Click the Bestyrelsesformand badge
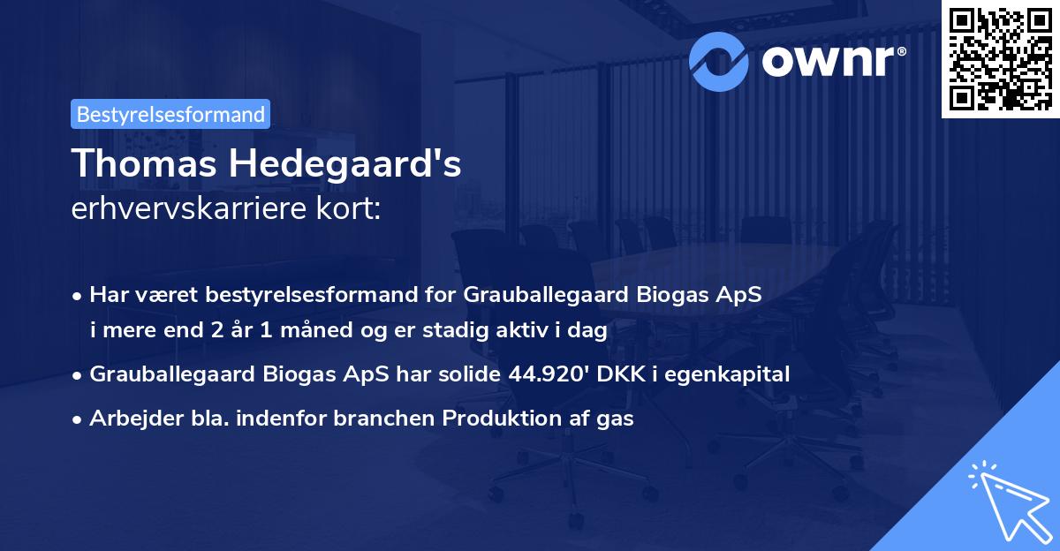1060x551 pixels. tap(170, 114)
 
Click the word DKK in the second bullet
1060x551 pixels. tap(621, 374)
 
